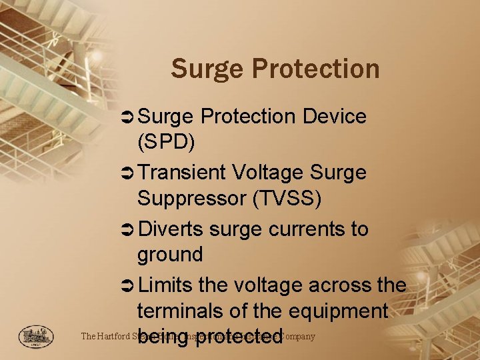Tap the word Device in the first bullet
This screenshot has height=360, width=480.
click(334, 116)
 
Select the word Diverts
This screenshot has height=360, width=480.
click(170, 229)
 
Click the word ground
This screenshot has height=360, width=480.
click(169, 255)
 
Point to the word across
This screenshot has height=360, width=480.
click(339, 285)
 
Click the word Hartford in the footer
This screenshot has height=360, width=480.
click(117, 336)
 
